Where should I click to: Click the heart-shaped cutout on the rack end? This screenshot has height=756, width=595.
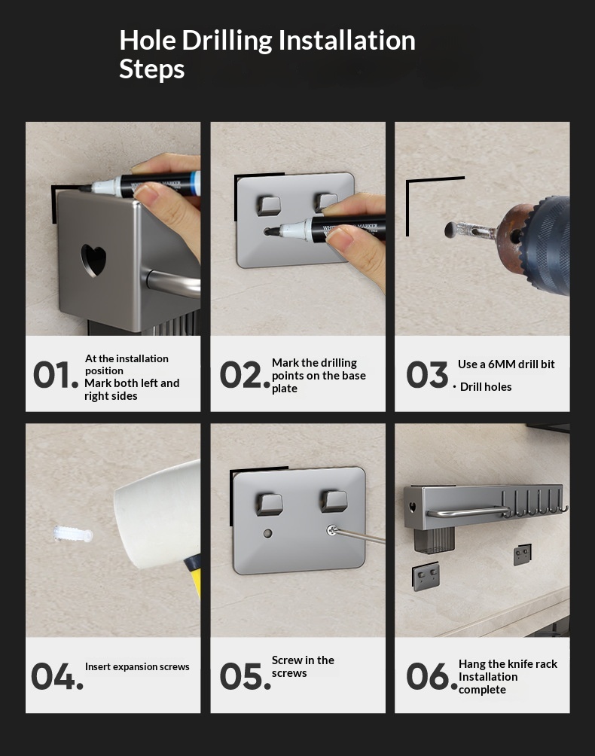pos(93,261)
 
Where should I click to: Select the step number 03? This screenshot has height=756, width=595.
pos(427,375)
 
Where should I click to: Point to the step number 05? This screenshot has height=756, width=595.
pos(245,675)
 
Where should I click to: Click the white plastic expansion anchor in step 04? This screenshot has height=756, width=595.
pos(73,534)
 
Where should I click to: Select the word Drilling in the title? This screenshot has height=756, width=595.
pos(227,41)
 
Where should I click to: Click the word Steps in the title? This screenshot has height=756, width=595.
pos(152,69)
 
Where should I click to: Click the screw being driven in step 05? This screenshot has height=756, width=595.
pos(331,530)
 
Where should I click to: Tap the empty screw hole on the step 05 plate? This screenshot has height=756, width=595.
pos(268,533)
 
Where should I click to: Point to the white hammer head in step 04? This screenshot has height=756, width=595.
pos(157,514)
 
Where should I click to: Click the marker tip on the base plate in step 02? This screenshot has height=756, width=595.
pos(268,232)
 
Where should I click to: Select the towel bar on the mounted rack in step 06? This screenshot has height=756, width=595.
pos(468,511)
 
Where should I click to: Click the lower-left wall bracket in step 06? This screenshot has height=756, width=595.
pos(426,576)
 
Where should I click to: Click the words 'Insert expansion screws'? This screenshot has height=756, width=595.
pos(137,667)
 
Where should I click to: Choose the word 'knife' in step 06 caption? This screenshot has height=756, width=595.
pos(520,664)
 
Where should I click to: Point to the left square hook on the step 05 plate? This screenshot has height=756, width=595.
pos(269,505)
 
